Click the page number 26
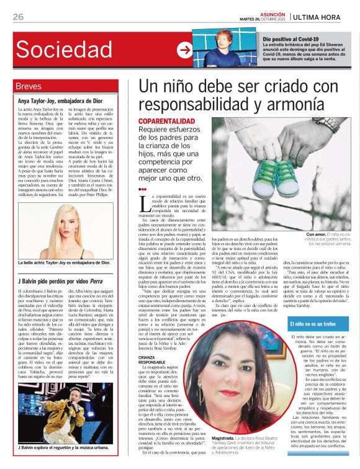(x=18, y=16)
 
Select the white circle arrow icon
(x=184, y=50)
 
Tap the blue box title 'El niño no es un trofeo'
(x=317, y=324)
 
